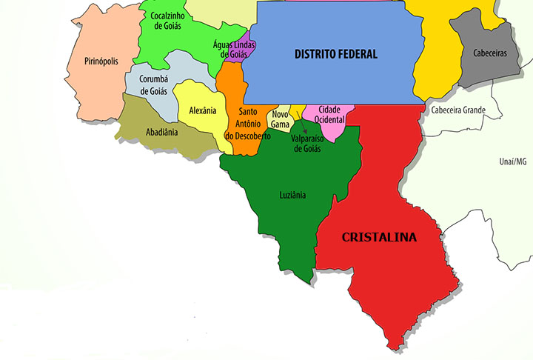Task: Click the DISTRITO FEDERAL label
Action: tap(335, 54)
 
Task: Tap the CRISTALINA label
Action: tap(378, 238)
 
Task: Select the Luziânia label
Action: tap(292, 196)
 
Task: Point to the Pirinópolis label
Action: tap(101, 61)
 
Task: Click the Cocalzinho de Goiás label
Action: tap(168, 20)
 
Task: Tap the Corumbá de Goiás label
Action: tap(154, 85)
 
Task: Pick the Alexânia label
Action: tap(202, 110)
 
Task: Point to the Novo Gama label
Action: tap(280, 119)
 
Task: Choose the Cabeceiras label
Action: tap(489, 53)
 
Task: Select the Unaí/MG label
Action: tap(512, 161)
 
